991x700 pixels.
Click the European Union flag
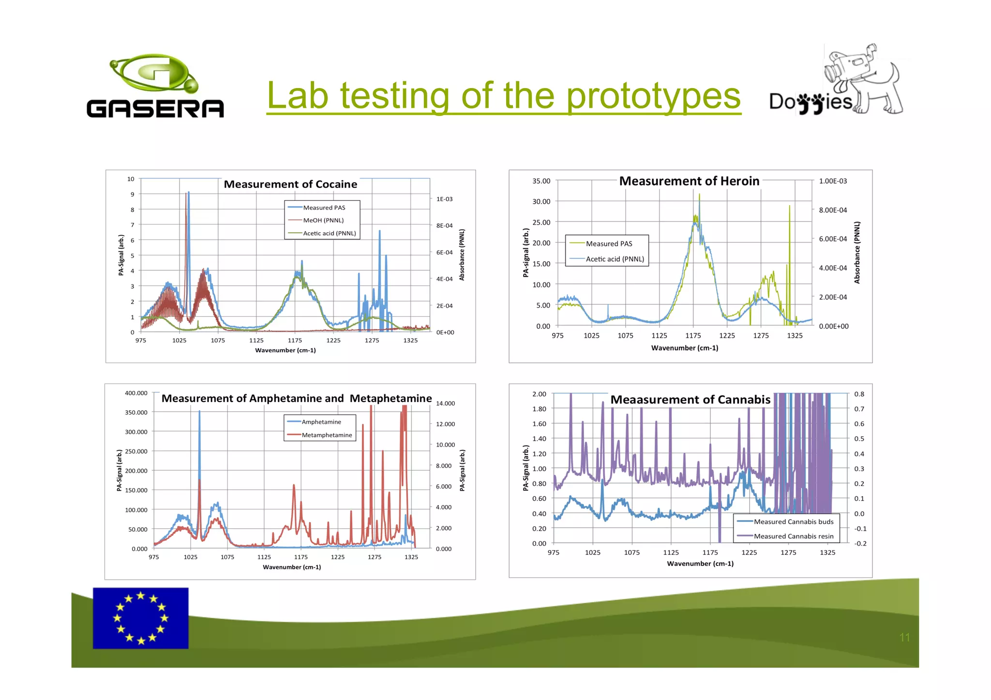point(140,618)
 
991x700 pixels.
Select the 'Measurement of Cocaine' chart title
point(290,184)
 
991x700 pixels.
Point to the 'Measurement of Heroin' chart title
point(689,181)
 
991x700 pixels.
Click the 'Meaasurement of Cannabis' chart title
point(690,400)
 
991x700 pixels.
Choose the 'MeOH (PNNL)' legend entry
point(323,220)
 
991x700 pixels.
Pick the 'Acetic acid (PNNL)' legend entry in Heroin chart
point(615,259)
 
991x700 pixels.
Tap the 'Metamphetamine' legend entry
point(327,435)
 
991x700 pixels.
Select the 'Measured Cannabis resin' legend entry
point(794,536)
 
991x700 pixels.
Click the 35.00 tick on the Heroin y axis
point(541,181)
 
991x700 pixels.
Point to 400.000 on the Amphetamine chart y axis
point(136,393)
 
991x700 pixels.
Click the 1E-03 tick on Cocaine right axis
point(444,199)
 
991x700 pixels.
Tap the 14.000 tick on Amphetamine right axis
point(445,403)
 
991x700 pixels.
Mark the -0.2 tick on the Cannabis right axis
point(860,543)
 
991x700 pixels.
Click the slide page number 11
point(904,638)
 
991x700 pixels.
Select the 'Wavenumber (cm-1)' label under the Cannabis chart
point(700,564)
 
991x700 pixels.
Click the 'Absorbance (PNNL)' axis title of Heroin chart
point(857,253)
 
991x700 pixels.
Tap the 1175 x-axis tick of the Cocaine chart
point(295,341)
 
